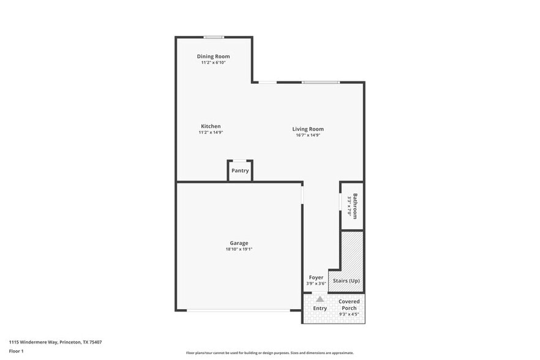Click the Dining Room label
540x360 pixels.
(x=213, y=56)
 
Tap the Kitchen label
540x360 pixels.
(x=211, y=126)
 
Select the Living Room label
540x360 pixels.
(x=308, y=129)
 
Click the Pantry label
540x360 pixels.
(x=240, y=171)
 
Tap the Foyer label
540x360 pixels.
(x=316, y=277)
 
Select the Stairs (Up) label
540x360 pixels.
(x=346, y=280)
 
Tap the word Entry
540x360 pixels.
(x=320, y=308)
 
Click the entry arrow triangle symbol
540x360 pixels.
(x=320, y=299)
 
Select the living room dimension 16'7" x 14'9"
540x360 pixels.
(x=308, y=135)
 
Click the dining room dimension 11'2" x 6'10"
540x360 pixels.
(x=213, y=62)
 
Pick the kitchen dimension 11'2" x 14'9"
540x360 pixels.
(x=211, y=132)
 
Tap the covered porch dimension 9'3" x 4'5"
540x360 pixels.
(x=349, y=314)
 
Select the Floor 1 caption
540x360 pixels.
(x=16, y=351)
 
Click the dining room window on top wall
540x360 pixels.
(x=214, y=37)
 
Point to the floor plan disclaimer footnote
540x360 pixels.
(x=269, y=353)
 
